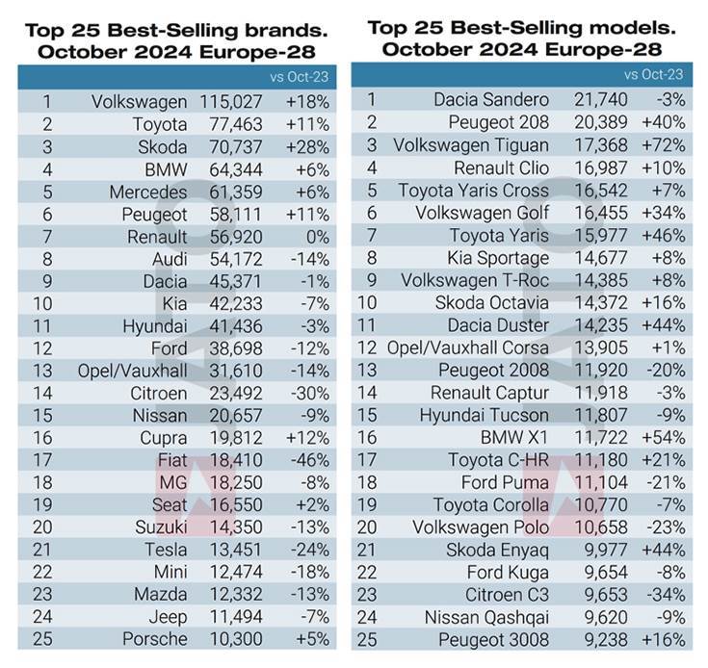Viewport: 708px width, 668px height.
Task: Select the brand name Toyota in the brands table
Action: (163, 124)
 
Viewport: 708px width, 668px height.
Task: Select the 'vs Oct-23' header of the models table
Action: (654, 74)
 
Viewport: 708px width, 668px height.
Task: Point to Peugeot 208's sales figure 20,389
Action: (599, 122)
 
